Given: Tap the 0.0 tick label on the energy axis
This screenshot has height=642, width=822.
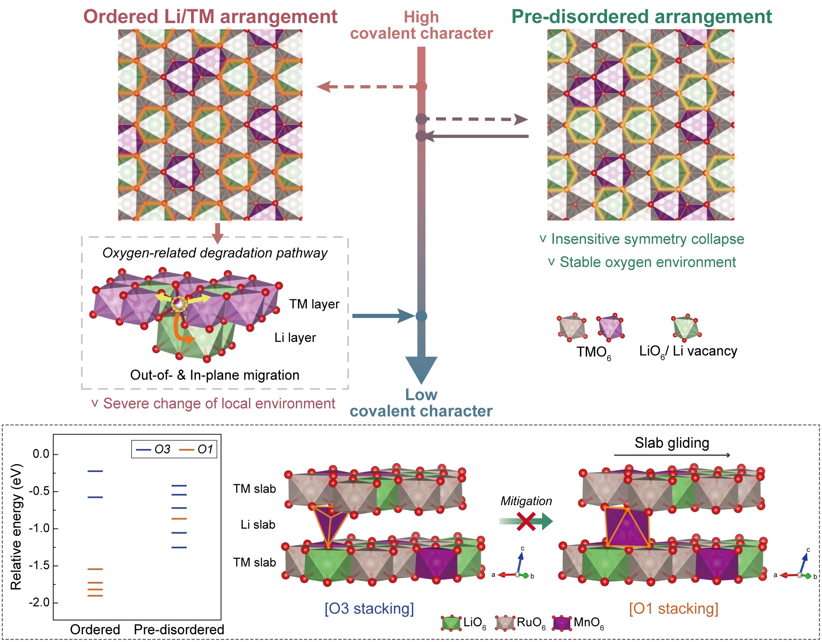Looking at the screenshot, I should pos(41,454).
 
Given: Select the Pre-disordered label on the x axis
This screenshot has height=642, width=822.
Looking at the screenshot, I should pos(179,629).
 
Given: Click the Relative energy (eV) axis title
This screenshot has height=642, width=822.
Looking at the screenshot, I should pos(16,527).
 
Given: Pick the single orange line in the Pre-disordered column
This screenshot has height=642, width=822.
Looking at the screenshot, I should pos(179,519).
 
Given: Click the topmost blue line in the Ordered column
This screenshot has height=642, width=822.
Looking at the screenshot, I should pos(95,471).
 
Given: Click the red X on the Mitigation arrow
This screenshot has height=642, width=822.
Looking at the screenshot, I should pos(526,521).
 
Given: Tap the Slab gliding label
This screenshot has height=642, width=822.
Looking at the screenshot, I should pos(672,443).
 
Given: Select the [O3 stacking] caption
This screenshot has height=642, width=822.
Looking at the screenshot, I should pos(369,608).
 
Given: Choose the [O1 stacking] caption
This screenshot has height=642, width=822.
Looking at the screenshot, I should pos(673,608).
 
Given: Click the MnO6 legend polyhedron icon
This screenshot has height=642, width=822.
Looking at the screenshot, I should pos(562,623).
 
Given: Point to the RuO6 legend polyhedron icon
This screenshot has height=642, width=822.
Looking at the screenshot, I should pos(505,623).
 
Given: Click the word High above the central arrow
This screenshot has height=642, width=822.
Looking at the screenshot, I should pos(421,17).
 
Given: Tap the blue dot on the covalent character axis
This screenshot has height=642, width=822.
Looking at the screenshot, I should pos(421,316).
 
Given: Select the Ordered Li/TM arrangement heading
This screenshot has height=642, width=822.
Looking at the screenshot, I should pos(210,17).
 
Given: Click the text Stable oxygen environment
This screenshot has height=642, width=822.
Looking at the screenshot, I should pos(647,262).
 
